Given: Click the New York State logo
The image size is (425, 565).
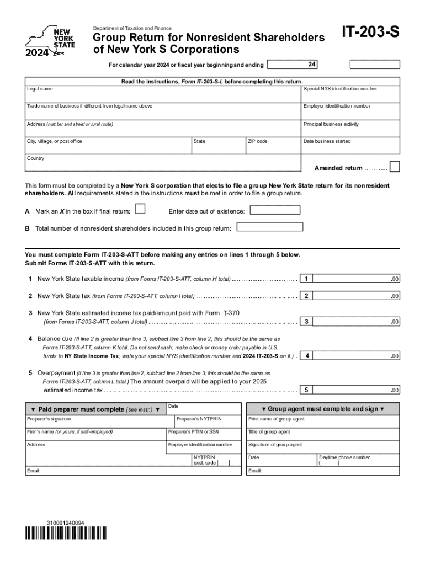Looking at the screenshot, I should (x=49, y=41).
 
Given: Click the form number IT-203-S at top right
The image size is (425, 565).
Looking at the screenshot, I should (x=370, y=34).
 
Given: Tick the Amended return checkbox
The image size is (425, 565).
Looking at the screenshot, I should (x=395, y=167).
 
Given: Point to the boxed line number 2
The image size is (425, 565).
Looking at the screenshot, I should (x=306, y=296).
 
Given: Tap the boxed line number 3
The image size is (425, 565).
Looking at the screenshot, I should (x=306, y=322).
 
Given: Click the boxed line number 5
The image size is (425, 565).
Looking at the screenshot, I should (x=306, y=390).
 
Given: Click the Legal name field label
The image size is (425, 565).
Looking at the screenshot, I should (x=40, y=89).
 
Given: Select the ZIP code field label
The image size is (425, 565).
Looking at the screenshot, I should (x=258, y=142).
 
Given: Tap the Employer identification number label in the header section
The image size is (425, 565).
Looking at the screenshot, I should (x=337, y=106).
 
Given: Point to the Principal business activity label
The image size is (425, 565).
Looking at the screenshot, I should (x=331, y=124).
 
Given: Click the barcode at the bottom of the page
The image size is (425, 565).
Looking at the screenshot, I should (x=66, y=534).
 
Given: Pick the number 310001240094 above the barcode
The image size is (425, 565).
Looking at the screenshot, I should (x=66, y=522).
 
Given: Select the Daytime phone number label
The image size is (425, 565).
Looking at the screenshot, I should (x=344, y=457).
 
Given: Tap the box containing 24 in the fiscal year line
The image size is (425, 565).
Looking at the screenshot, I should (x=312, y=65).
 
